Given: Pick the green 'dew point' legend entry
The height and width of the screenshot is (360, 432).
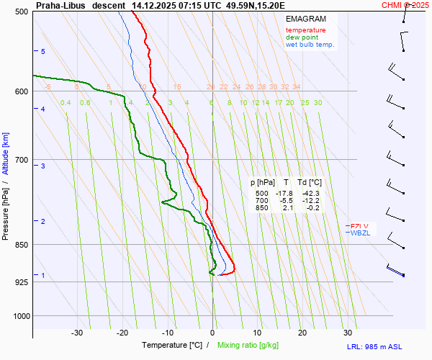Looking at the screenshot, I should coord(303,37).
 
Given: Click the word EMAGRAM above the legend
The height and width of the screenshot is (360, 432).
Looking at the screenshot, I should coord(305,19).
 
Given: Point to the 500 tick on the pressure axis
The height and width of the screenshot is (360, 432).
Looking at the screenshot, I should coord(22,12).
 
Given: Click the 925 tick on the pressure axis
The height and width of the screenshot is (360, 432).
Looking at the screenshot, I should coord(22,282).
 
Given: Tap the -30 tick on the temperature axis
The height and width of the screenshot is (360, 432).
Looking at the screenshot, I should coord(77,333).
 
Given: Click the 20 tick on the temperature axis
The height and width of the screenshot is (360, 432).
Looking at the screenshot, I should coord(302,333).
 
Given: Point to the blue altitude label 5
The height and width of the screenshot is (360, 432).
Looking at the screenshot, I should coord(43,52).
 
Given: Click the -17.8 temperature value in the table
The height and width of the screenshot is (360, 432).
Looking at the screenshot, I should coord(284,194).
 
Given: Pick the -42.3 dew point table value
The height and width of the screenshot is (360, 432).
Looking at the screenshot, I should coord(311,194).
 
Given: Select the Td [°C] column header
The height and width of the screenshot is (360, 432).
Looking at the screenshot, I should coord(310,183).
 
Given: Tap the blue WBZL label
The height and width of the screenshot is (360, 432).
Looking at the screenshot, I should coord(361,233).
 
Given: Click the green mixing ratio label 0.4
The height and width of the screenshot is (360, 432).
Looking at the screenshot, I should coord(66,103).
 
